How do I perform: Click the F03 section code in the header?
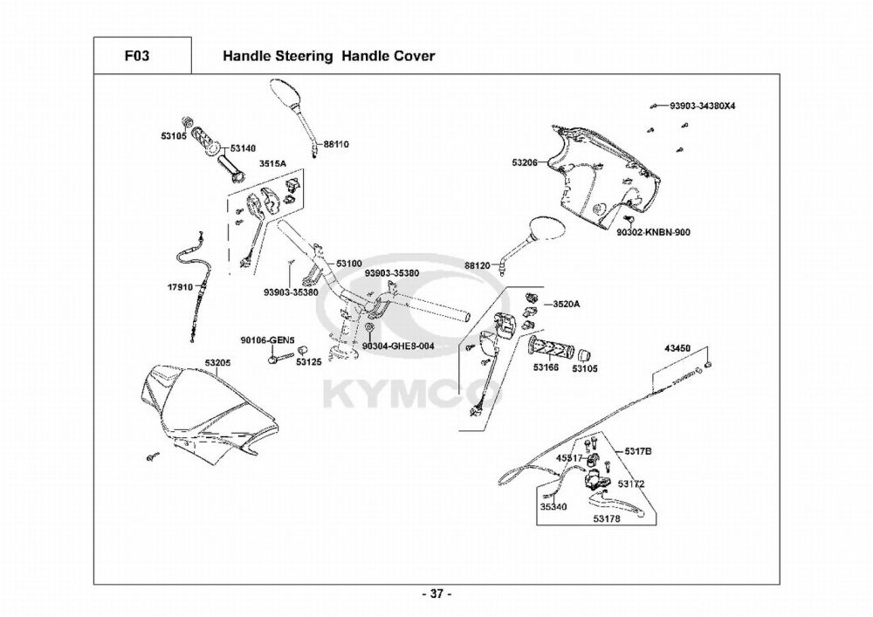(137, 56)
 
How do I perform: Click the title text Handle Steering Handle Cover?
(328, 56)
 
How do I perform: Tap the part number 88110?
(336, 144)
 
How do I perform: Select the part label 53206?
(525, 162)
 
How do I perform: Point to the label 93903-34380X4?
(703, 105)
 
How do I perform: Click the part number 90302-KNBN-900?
(653, 232)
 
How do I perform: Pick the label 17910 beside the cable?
(180, 287)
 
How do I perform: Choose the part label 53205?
(217, 363)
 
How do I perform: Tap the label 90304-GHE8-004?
(398, 346)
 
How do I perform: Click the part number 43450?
(677, 348)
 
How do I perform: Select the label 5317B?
(637, 451)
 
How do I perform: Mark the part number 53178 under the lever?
(607, 518)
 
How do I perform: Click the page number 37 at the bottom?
(436, 594)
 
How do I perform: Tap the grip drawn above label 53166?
(550, 348)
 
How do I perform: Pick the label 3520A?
(566, 305)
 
